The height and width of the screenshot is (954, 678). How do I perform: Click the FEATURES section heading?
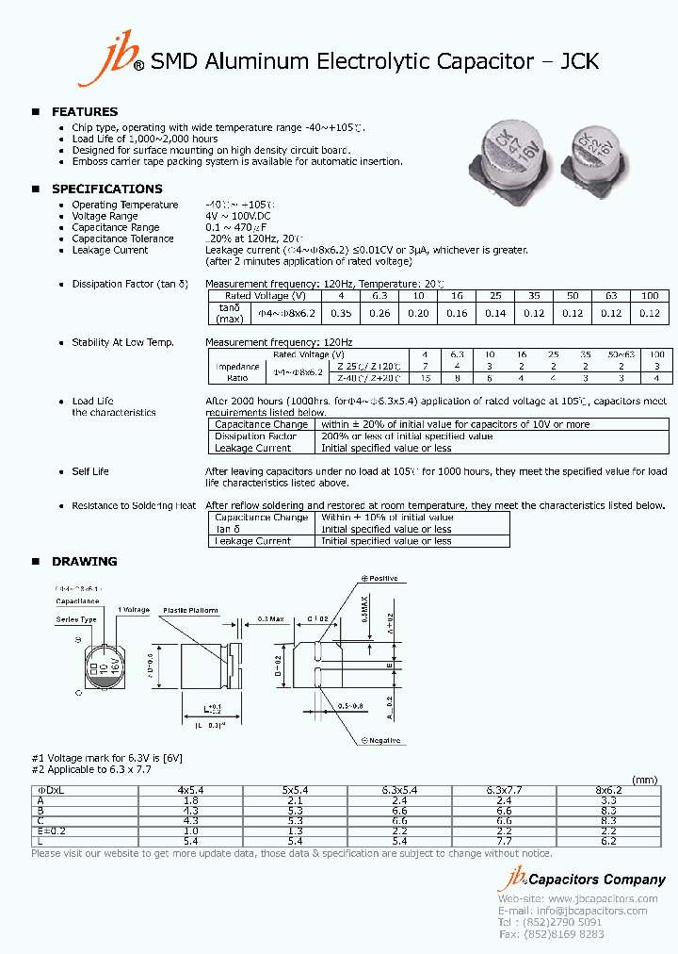[x=85, y=111]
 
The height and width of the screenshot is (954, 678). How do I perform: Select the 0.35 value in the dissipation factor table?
[x=342, y=313]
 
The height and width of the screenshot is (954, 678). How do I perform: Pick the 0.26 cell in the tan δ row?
[x=380, y=313]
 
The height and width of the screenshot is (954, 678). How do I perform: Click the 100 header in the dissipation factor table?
[x=649, y=296]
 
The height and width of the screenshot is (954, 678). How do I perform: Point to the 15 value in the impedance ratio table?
[x=426, y=377]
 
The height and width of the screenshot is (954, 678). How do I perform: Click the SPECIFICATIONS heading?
[x=106, y=189]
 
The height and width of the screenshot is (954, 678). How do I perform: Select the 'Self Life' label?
[x=90, y=471]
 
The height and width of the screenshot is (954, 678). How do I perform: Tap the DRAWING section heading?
[x=85, y=561]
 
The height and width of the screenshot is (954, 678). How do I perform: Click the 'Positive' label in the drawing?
[x=382, y=578]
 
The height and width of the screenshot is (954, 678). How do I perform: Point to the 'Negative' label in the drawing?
[x=382, y=740]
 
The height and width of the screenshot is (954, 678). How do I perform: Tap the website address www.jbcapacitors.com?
[x=602, y=899]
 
